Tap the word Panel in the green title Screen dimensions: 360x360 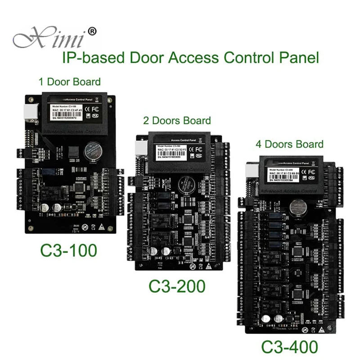(x=301, y=58)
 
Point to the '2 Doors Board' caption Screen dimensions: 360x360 (x=177, y=120)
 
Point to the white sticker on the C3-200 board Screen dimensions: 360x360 (x=173, y=150)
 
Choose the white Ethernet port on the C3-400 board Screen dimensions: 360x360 (x=250, y=172)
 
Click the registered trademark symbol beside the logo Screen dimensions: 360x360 (x=91, y=32)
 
